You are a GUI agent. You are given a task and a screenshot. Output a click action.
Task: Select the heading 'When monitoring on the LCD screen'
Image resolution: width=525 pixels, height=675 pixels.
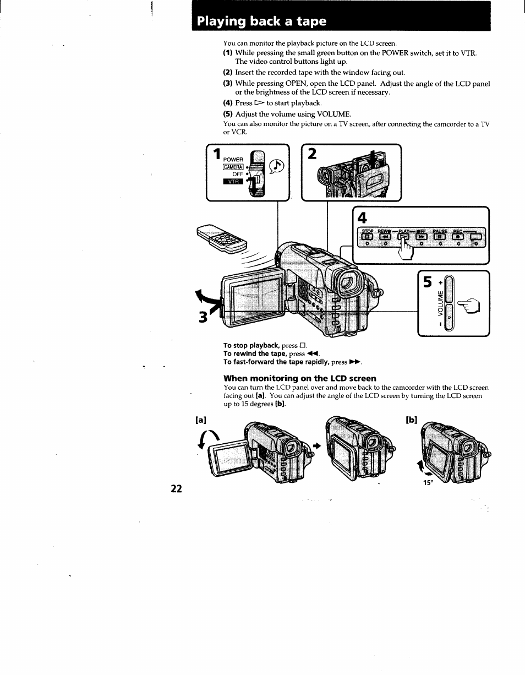[299, 378]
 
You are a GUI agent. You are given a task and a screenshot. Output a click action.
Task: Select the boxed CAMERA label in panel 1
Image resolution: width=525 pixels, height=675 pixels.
[233, 167]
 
